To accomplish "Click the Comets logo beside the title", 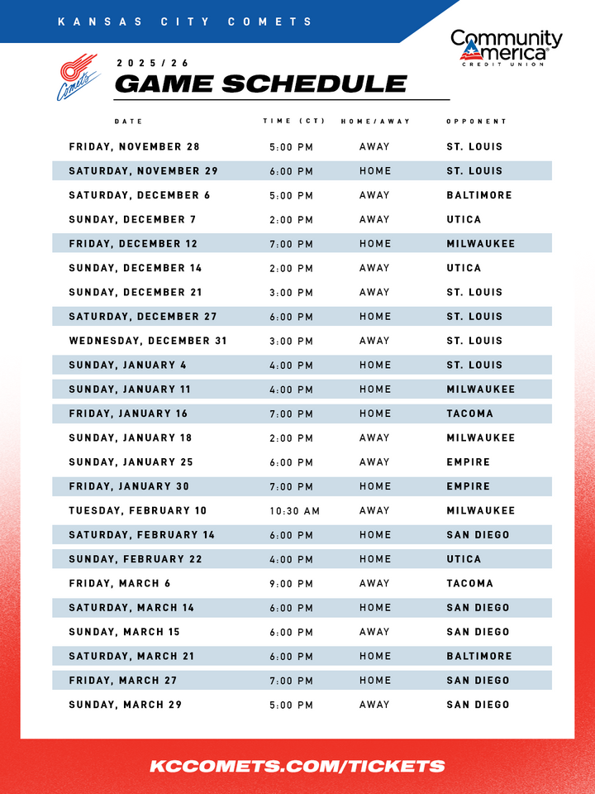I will tap(76, 77).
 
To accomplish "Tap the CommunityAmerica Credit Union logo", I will tap(506, 48).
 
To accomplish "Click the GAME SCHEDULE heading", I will tap(260, 84).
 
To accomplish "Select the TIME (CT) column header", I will tap(293, 122).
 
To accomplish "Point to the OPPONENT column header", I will tap(476, 122).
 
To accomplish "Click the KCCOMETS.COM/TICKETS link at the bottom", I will tap(297, 767).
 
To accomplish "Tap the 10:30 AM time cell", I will tap(294, 511).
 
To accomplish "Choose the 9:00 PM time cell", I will tap(291, 584).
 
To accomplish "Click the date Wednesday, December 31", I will tap(148, 341).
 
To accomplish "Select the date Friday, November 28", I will tap(135, 147).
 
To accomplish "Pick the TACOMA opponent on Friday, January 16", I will tap(469, 414).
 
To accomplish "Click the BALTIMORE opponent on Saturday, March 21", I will tap(479, 657).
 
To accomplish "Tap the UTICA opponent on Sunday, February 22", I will tap(464, 560).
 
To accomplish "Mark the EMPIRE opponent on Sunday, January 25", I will tap(468, 462).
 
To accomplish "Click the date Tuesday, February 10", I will tap(138, 511).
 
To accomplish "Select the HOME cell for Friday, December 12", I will tap(375, 244).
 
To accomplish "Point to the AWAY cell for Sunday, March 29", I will tap(374, 706).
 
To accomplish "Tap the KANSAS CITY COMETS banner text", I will tap(186, 22).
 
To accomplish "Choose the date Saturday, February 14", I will tap(142, 535).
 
